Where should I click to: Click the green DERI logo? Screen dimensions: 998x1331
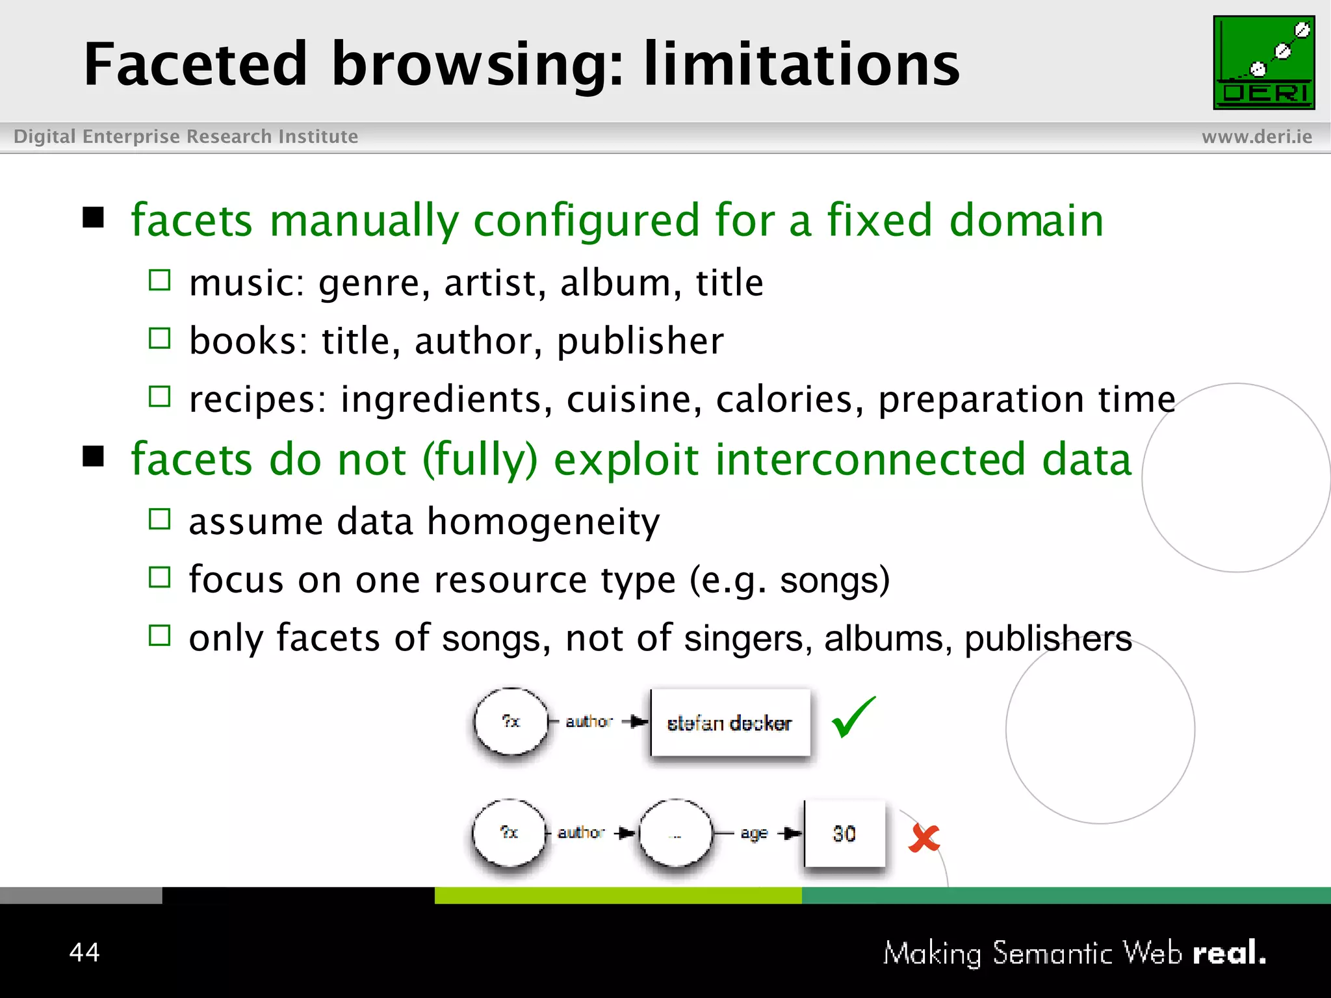pyautogui.click(x=1263, y=62)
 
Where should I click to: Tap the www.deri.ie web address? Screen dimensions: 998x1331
pyautogui.click(x=1256, y=136)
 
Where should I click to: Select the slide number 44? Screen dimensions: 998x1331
pyautogui.click(x=84, y=952)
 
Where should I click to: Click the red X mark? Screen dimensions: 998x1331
pyautogui.click(x=924, y=838)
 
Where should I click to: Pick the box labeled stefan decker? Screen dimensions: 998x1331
pyautogui.click(x=730, y=723)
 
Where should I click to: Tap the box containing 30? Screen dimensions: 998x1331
pyautogui.click(x=844, y=834)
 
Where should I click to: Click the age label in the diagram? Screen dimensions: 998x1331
pyautogui.click(x=754, y=833)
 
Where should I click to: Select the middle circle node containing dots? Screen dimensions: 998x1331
pyautogui.click(x=676, y=834)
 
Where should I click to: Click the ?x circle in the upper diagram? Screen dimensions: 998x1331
pyautogui.click(x=511, y=721)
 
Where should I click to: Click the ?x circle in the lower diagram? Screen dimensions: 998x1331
pyautogui.click(x=510, y=832)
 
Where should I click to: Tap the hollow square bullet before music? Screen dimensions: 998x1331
pyautogui.click(x=159, y=281)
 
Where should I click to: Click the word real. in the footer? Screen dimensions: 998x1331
pyautogui.click(x=1229, y=953)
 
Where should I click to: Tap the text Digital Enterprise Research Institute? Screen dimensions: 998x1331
pyautogui.click(x=186, y=136)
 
